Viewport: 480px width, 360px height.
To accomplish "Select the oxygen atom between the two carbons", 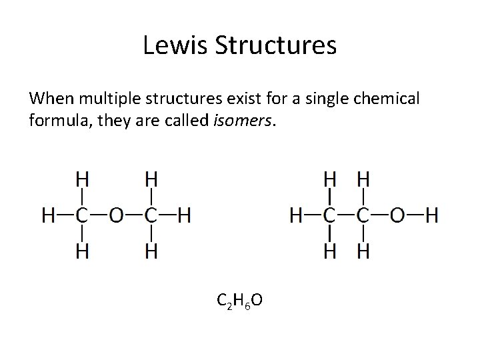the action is click(117, 215).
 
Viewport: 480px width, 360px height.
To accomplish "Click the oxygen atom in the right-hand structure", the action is click(397, 215).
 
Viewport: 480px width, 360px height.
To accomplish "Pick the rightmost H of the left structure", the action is click(185, 215).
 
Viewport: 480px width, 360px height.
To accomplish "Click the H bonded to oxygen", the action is click(431, 215).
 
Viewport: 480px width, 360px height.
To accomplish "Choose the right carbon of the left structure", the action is click(151, 215).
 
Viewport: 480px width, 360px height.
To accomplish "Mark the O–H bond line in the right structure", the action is click(414, 215).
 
